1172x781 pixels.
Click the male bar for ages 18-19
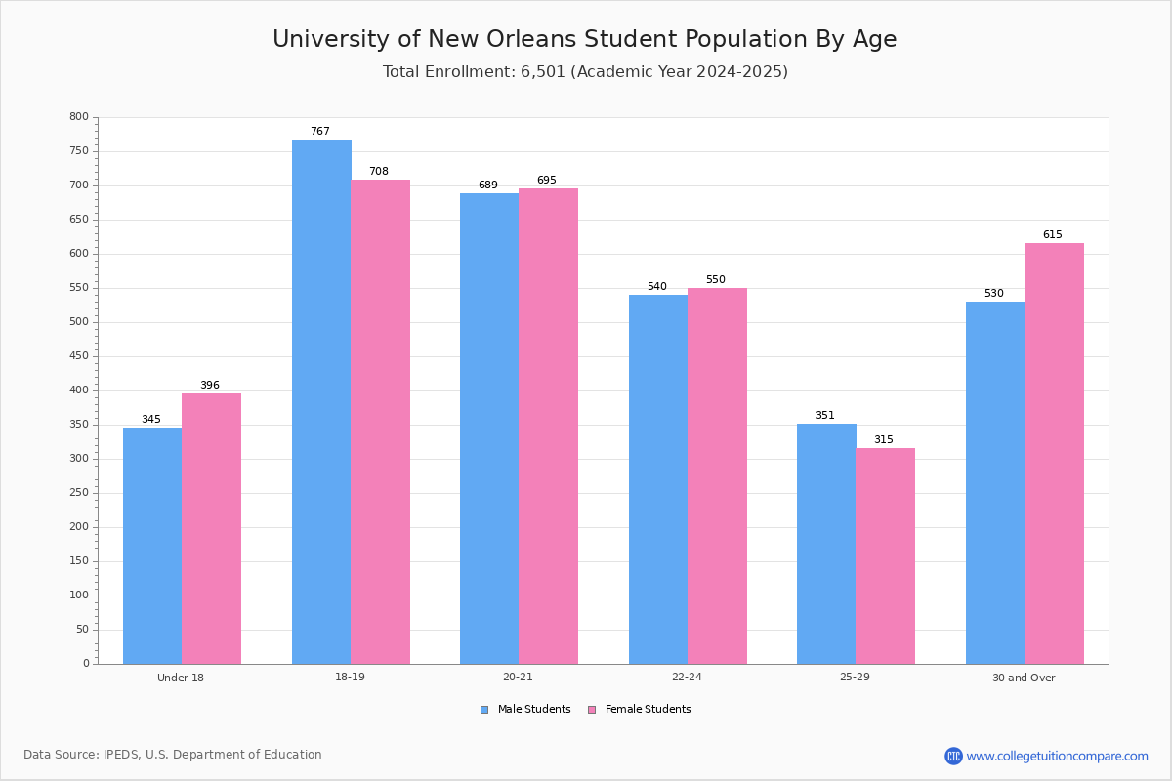pos(321,402)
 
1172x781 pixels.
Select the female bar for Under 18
pos(211,529)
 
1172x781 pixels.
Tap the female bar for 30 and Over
pos(1054,454)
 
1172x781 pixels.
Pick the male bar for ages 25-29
pos(826,544)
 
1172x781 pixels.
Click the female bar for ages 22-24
pos(717,476)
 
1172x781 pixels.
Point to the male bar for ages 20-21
pos(489,429)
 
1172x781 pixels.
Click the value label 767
pos(320,131)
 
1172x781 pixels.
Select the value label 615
pos(1053,234)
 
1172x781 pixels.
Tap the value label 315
pos(884,439)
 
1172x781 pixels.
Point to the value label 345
pos(151,419)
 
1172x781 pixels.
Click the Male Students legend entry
pos(525,709)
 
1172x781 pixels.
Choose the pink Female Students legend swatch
pos(592,710)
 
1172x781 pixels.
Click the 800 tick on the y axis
pos(79,116)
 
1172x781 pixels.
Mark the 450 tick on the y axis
pos(79,356)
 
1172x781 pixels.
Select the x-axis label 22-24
pos(687,677)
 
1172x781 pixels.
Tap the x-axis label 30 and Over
pos(1024,678)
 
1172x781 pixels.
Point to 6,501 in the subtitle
pos(543,71)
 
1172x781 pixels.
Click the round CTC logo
pos(953,756)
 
